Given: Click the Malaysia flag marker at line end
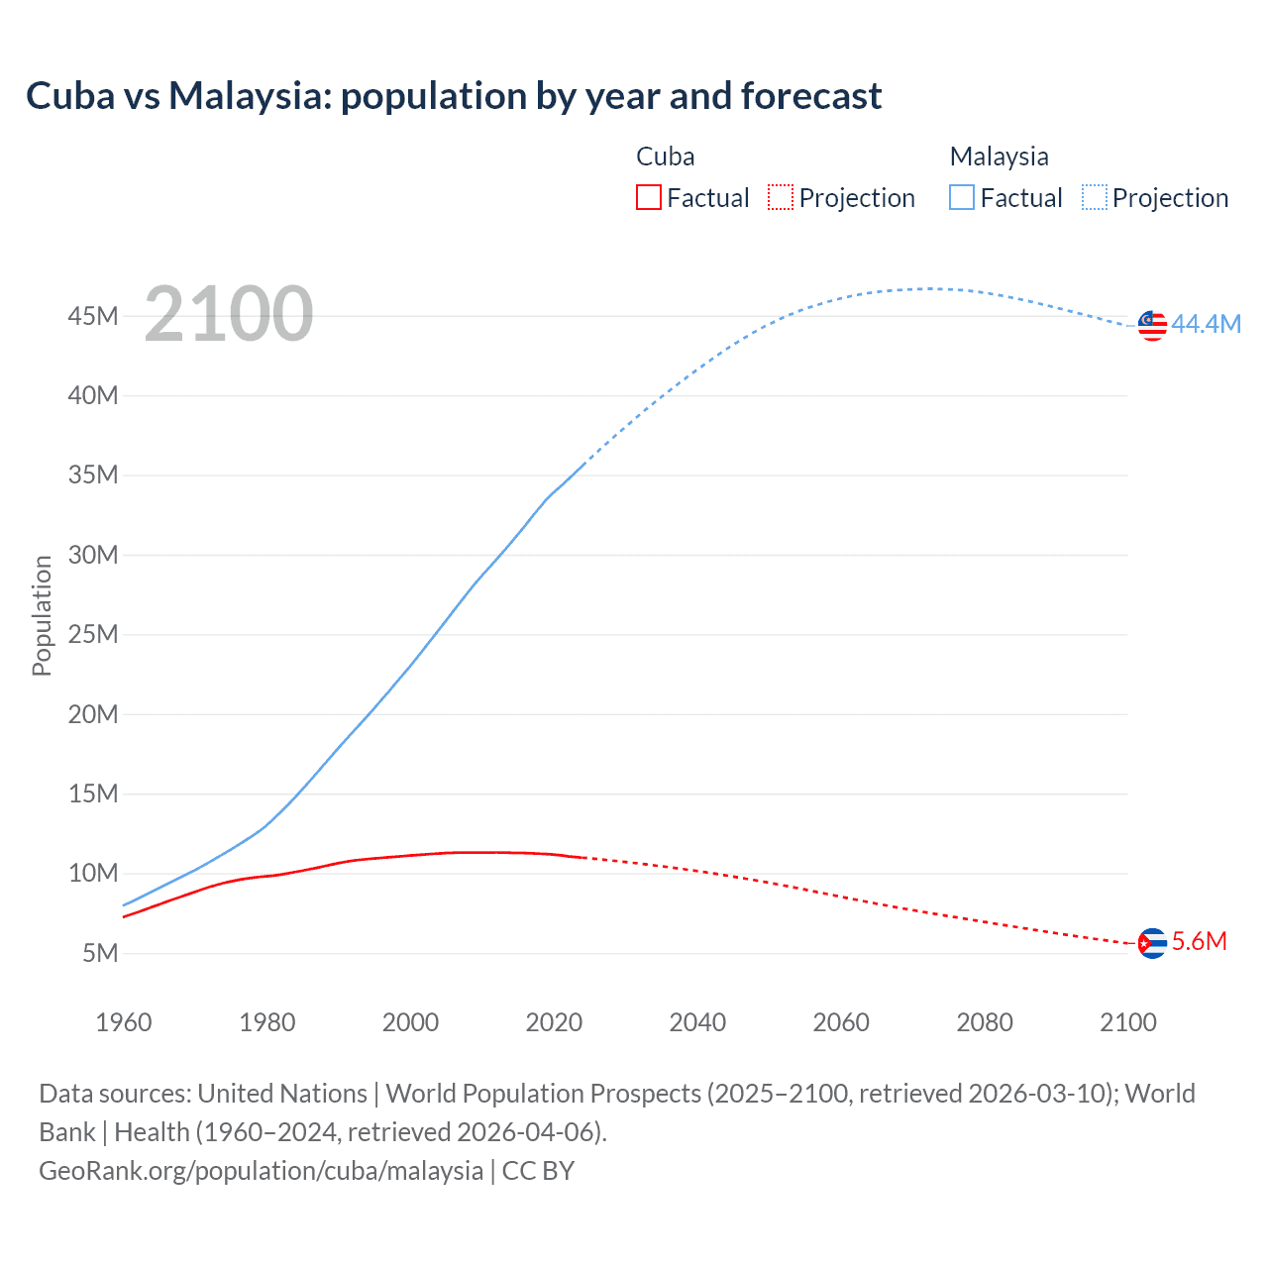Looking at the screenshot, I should pos(1152,325).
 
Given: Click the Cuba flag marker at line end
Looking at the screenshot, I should pos(1152,943).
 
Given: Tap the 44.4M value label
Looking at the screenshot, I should pos(1206,325).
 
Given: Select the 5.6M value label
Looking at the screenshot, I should pos(1199,941).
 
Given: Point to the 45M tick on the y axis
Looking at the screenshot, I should pos(93,316).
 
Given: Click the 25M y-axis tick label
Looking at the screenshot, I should pos(93,634).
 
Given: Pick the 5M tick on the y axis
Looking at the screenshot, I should pos(100,953).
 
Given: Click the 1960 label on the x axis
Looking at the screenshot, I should pos(124,1022).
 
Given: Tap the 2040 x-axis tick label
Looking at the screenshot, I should pos(697,1022).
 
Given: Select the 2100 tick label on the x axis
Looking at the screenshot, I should pos(1127,1022).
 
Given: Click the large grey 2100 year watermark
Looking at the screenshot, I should pos(229,314).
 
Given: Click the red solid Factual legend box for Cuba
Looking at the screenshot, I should pos(649,197).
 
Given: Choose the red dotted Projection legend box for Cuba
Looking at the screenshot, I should pos(781,197).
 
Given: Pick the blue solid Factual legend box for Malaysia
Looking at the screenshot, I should pos(962,197).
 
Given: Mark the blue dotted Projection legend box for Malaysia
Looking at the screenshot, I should pos(1095,197).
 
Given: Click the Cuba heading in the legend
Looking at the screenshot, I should pos(665,157).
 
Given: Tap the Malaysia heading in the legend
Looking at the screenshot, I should pos(999,157).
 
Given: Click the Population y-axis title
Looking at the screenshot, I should pos(42,615).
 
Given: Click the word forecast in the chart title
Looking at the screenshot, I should pos(810,96).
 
